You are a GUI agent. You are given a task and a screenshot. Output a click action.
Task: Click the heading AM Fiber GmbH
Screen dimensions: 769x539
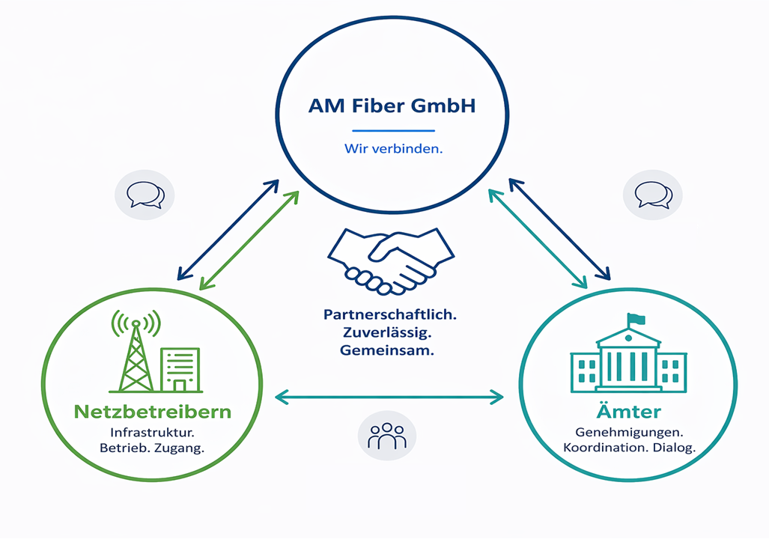[392, 106]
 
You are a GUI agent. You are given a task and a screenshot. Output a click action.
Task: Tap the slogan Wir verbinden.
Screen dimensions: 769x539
[393, 149]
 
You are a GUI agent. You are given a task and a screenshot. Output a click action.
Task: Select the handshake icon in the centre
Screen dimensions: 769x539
[391, 261]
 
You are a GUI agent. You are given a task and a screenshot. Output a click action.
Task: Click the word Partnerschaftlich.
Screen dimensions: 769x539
[390, 315]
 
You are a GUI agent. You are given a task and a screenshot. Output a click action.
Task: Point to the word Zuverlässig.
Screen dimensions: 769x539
[387, 333]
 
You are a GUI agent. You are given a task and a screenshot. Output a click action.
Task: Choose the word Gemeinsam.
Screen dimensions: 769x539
[387, 350]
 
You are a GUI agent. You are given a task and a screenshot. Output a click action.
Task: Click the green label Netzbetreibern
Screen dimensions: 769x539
[153, 412]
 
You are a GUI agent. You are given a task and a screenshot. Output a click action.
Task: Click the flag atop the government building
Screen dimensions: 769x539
[636, 319]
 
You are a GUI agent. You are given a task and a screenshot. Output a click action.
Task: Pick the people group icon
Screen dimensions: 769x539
[387, 436]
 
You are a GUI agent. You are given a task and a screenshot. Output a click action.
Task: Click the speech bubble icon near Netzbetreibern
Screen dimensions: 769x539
[145, 195]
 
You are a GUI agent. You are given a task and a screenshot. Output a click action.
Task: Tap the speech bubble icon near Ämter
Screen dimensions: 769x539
[653, 195]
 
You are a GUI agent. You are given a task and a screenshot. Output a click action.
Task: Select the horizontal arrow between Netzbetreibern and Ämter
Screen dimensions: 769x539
[389, 397]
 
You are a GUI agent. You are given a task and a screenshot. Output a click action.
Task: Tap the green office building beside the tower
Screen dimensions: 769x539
[180, 370]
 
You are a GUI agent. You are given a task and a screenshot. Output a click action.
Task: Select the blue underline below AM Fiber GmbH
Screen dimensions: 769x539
[393, 131]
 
